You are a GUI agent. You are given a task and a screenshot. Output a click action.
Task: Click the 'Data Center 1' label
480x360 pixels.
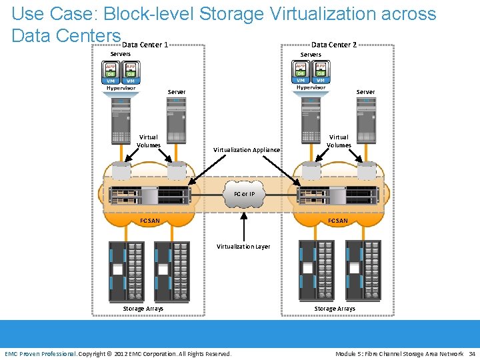pos(145,45)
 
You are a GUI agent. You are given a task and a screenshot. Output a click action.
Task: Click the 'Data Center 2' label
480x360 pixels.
pos(334,45)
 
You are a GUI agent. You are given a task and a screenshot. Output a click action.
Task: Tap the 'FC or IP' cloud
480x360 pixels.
pos(244,194)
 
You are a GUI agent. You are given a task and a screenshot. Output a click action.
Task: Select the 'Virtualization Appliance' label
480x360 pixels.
pos(246,150)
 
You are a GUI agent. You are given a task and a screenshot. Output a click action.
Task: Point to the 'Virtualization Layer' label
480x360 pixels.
pos(243,247)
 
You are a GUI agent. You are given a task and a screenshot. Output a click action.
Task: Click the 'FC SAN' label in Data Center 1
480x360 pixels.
pos(150,221)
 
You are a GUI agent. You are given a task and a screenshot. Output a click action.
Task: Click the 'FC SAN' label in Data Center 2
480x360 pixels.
pos(338,221)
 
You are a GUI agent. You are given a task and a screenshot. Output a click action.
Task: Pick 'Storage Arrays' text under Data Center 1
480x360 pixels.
pos(143,309)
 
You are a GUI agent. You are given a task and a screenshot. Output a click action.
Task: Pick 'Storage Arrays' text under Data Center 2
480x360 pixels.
pos(335,309)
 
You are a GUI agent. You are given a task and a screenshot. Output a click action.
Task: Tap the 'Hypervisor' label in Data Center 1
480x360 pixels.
pos(121,88)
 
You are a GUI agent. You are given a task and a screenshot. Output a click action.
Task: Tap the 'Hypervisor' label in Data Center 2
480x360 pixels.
pos(311,87)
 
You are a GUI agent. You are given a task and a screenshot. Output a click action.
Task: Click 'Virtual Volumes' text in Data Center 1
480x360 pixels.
pos(149,141)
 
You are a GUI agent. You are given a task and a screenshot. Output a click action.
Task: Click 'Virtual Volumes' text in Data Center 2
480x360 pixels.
pos(339,141)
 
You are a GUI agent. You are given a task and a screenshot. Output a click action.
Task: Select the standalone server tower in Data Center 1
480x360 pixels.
pos(176,121)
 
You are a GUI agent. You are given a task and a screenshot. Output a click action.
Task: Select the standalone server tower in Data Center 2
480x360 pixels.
pos(366,121)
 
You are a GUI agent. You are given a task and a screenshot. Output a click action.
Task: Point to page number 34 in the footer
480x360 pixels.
pos(472,353)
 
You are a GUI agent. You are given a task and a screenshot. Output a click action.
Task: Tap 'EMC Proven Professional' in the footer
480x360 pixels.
pos(41,353)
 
